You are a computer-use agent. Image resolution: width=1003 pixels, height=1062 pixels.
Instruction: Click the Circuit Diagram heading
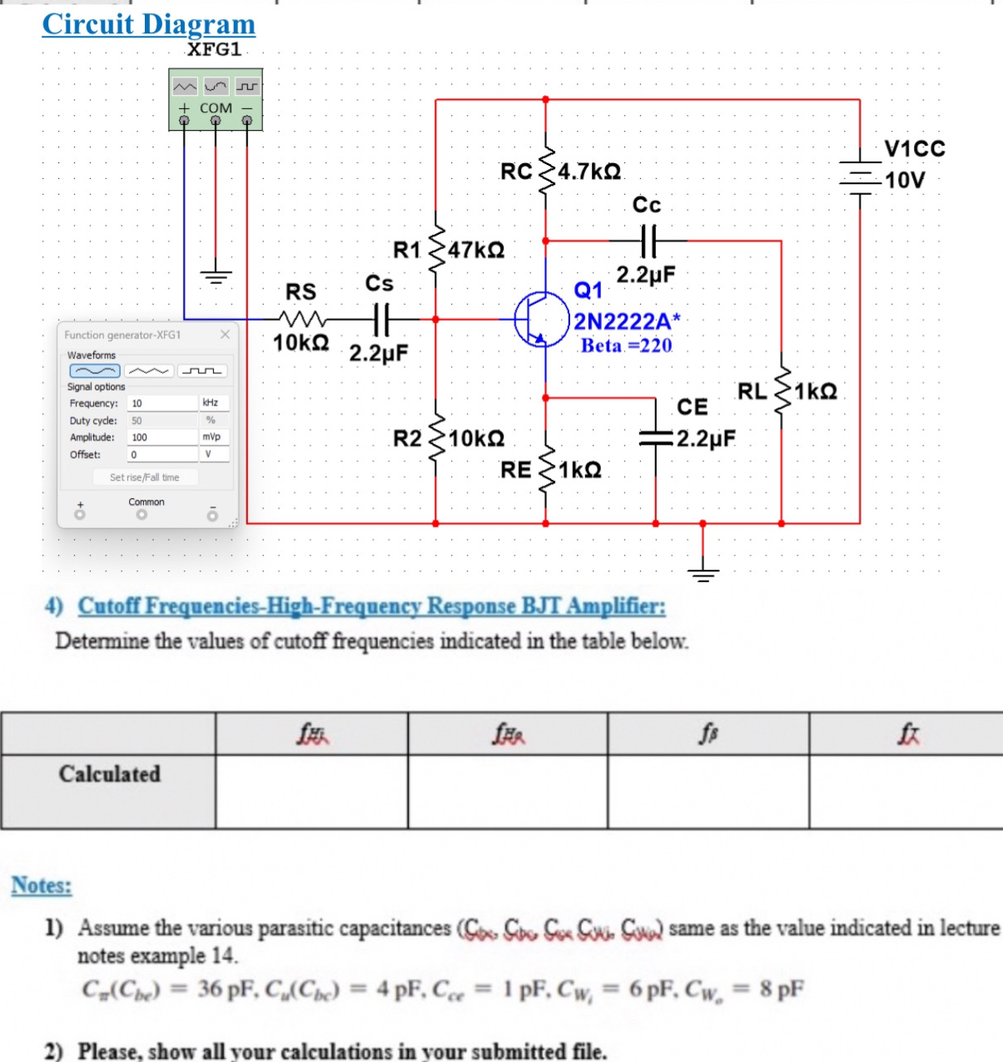[x=148, y=24]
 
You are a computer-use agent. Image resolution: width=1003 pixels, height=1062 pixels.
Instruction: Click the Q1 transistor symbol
[x=541, y=319]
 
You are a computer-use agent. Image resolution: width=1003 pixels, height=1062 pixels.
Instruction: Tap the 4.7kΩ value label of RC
[x=589, y=172]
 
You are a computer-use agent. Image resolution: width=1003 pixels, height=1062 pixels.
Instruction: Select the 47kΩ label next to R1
[x=476, y=250]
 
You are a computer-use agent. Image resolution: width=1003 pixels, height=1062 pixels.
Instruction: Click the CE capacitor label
[x=693, y=406]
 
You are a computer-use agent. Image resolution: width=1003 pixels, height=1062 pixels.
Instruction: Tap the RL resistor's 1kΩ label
[x=816, y=391]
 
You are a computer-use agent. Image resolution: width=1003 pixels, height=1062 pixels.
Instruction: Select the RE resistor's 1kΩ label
[x=579, y=470]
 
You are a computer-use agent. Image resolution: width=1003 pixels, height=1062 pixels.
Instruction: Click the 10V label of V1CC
[x=905, y=180]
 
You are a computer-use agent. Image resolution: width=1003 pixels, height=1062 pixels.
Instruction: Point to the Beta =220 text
[x=626, y=346]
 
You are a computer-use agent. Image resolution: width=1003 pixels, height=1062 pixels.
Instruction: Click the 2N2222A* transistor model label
[x=627, y=322]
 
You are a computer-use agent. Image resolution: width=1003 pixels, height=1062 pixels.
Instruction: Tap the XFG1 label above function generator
[x=214, y=49]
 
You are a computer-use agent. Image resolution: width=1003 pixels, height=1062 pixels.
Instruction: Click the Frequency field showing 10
[x=163, y=403]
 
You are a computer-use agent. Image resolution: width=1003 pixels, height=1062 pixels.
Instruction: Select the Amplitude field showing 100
[x=163, y=437]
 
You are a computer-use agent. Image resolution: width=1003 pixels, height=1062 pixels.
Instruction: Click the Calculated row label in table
[x=109, y=774]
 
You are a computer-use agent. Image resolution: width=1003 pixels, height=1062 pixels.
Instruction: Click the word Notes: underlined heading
[x=42, y=885]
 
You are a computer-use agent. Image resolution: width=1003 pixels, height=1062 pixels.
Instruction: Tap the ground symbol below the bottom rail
[x=703, y=571]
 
